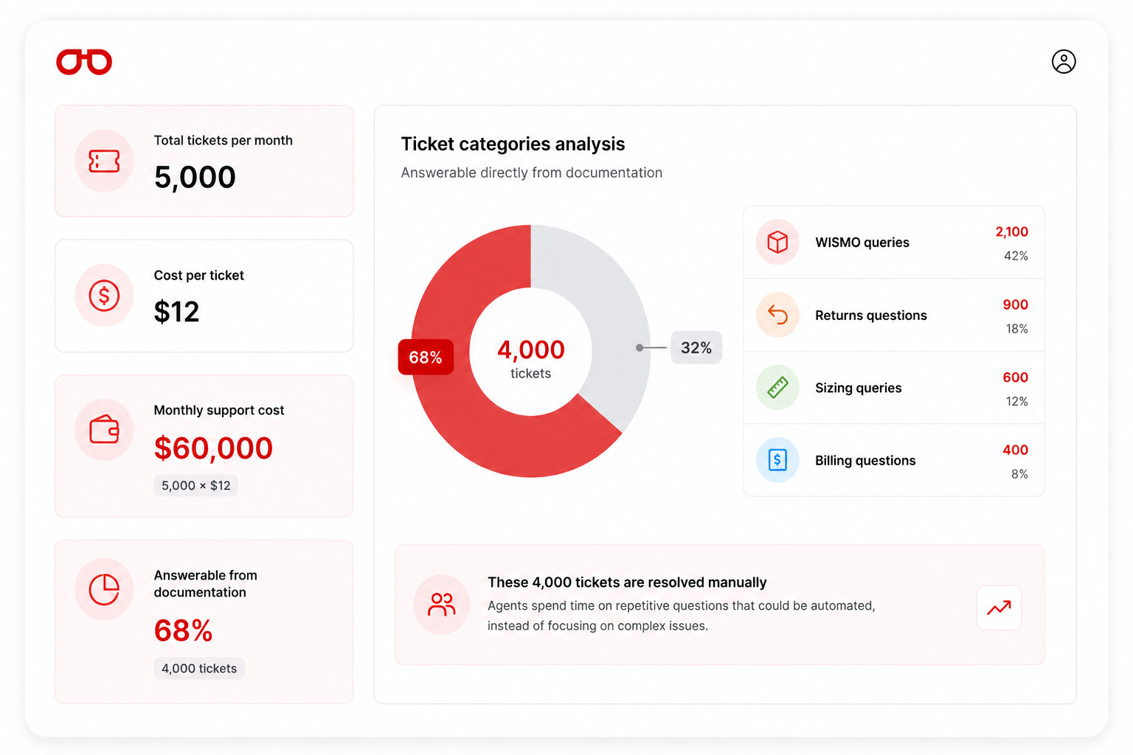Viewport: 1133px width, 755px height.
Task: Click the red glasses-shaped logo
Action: coord(84,62)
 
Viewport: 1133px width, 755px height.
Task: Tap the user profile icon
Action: coord(1064,62)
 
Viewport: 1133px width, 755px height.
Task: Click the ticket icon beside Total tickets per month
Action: coord(104,161)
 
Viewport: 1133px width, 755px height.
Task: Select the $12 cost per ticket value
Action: coord(176,311)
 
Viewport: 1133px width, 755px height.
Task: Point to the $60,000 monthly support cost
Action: coord(213,448)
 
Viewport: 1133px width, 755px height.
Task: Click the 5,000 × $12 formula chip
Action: coord(195,485)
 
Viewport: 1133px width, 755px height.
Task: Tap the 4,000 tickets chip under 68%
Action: coord(198,668)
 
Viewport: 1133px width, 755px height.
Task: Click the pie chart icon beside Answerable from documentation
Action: coord(104,589)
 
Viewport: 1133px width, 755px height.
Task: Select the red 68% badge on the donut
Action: coord(426,357)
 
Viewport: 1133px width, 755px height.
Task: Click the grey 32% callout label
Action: coord(696,347)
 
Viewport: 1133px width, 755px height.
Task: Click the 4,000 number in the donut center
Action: coord(530,349)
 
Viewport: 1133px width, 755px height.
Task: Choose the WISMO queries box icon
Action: coord(777,242)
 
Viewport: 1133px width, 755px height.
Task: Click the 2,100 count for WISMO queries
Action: coord(1011,232)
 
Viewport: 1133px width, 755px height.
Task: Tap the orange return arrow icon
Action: coord(777,315)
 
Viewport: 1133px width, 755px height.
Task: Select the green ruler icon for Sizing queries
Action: coord(777,387)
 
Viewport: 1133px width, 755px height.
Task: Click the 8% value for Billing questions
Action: coord(1019,474)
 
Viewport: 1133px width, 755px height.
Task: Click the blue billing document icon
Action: coord(777,459)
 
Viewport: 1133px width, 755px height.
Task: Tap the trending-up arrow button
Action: coord(999,608)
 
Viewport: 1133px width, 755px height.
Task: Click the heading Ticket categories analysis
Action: coord(513,144)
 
